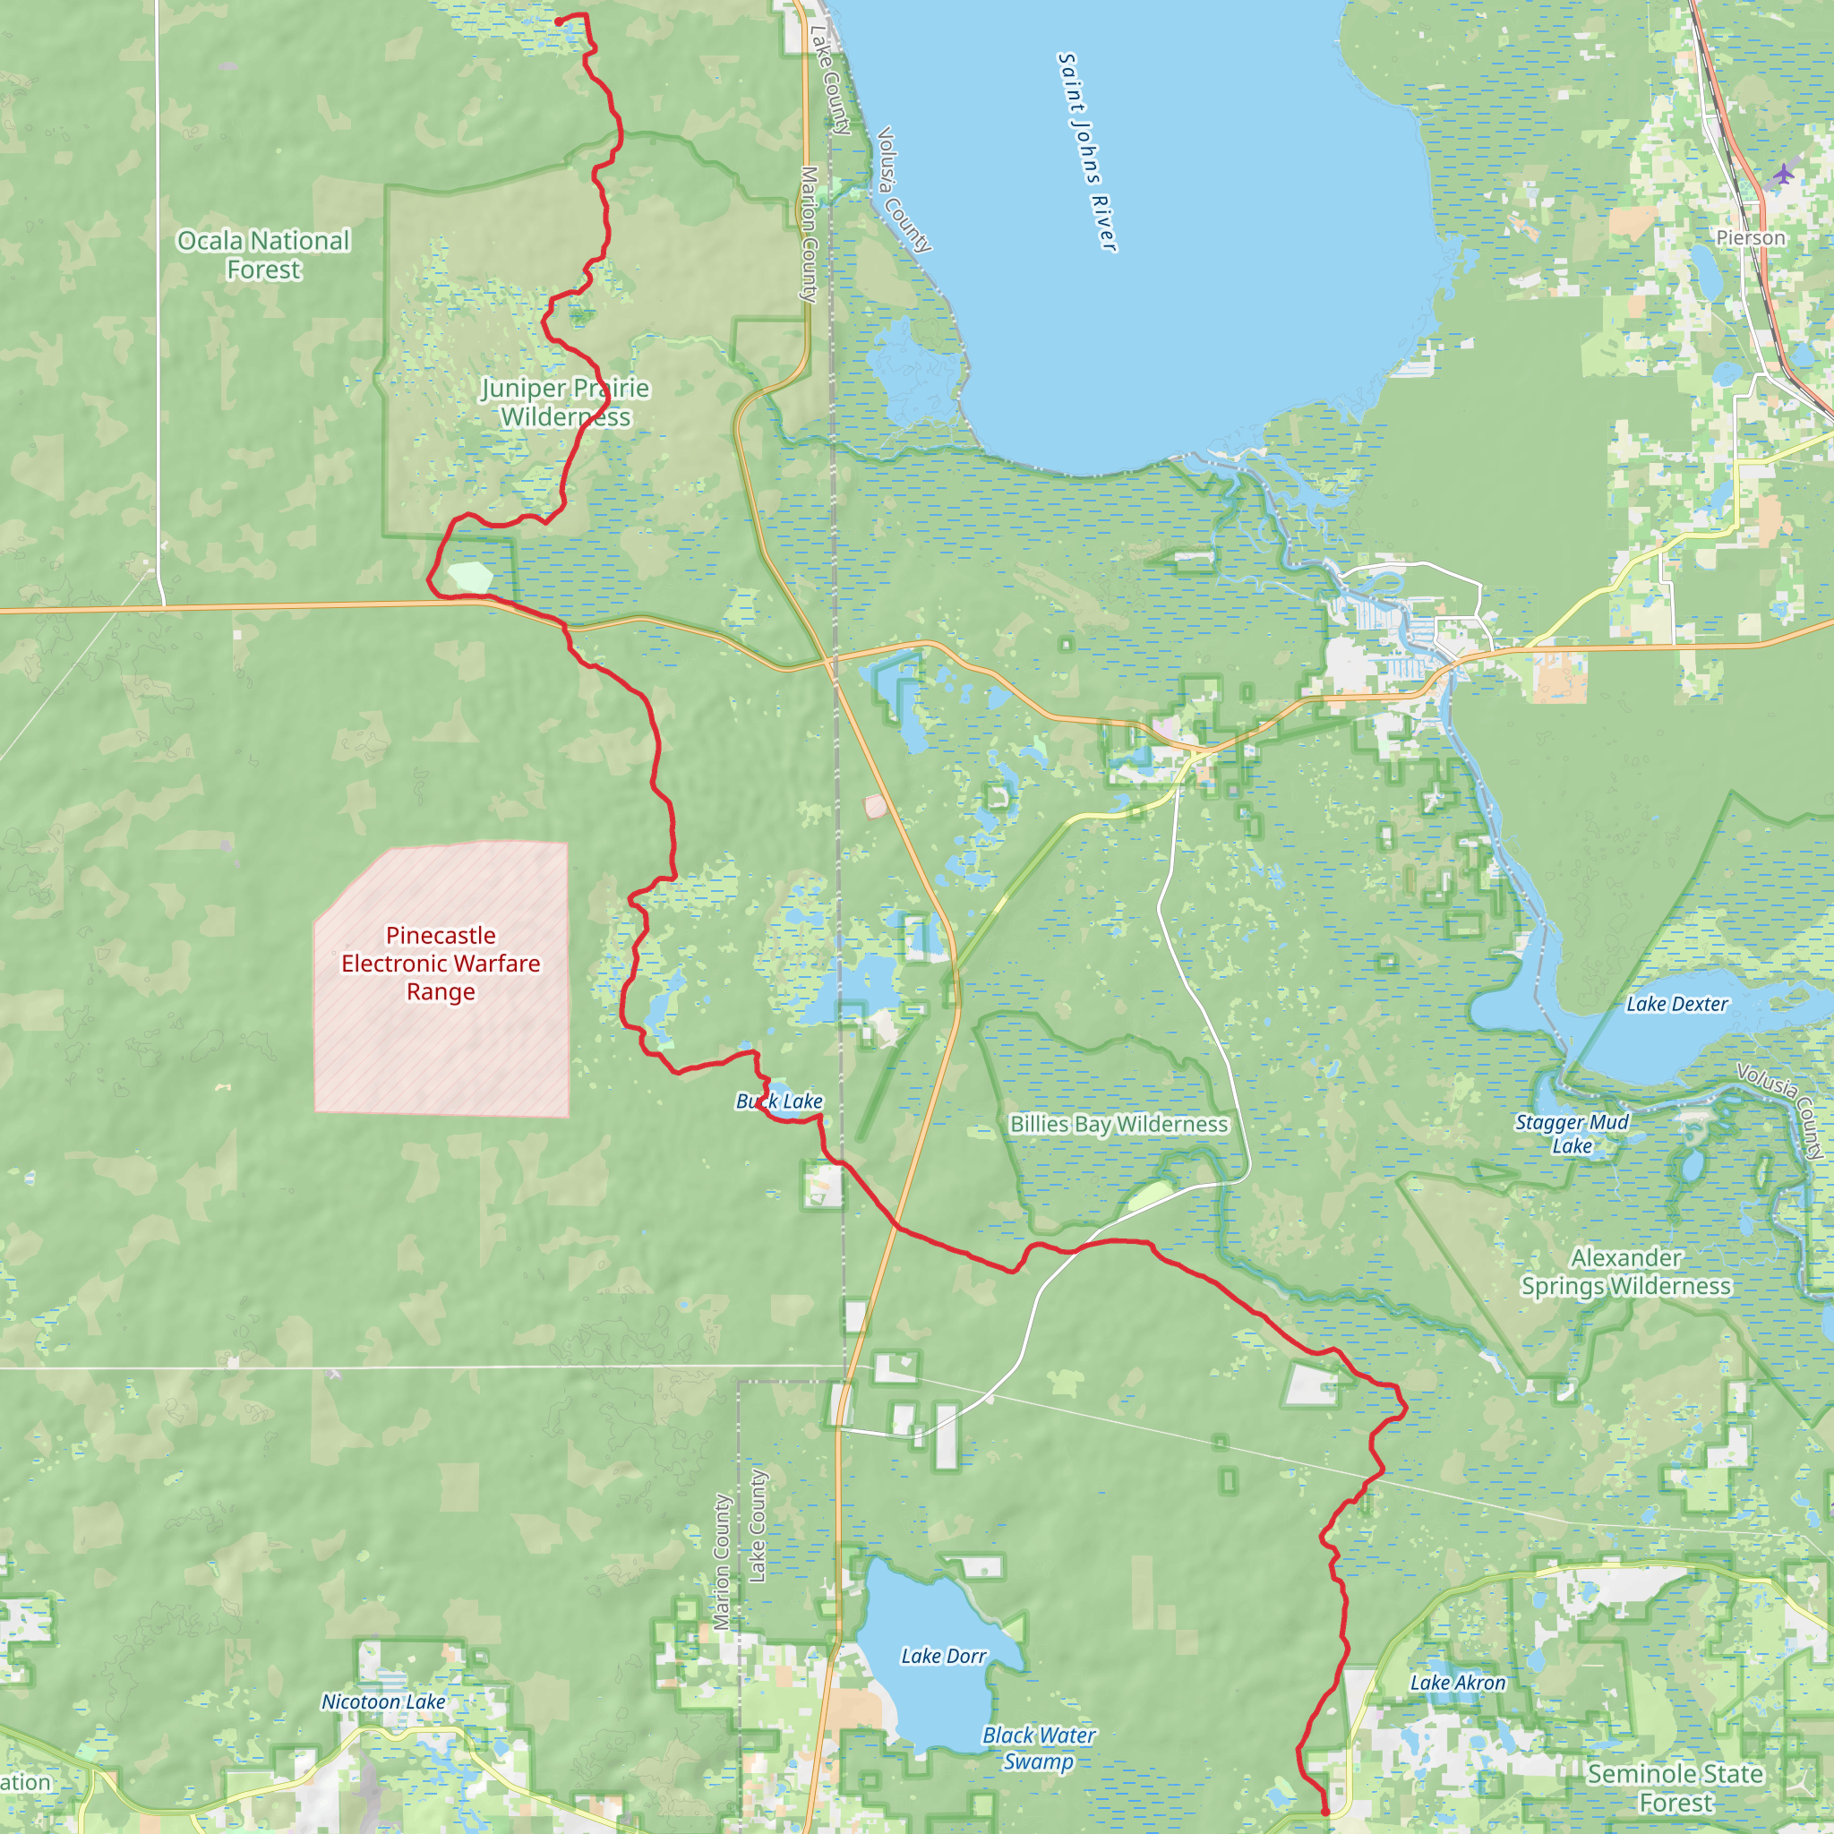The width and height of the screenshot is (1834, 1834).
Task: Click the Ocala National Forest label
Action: click(263, 255)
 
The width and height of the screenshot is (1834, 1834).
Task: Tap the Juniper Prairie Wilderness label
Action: click(566, 402)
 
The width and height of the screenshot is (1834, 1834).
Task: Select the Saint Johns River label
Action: click(1087, 152)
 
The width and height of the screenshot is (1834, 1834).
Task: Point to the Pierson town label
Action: click(1751, 237)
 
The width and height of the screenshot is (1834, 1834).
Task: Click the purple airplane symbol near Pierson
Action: click(1784, 174)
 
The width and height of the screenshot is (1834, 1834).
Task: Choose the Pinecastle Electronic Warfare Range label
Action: click(441, 964)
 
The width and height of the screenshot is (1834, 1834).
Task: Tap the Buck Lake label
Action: click(779, 1101)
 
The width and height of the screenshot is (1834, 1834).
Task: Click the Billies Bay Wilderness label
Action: click(1118, 1124)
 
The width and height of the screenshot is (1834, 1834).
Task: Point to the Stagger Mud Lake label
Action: click(1572, 1134)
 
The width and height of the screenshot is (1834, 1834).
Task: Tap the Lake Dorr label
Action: click(944, 1657)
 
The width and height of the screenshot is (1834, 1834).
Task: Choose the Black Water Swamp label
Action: click(1040, 1748)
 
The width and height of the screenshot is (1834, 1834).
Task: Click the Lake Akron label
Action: click(1458, 1683)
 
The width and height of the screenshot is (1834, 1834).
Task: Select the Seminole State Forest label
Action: click(1675, 1787)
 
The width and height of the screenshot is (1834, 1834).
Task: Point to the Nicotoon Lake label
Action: click(383, 1702)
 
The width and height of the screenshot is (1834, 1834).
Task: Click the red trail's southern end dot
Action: click(1325, 1813)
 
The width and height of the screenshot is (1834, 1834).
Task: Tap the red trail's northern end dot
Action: click(558, 21)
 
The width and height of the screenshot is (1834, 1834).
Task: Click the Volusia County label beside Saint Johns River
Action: click(904, 190)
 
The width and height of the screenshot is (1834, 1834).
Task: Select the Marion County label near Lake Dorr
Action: click(723, 1562)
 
